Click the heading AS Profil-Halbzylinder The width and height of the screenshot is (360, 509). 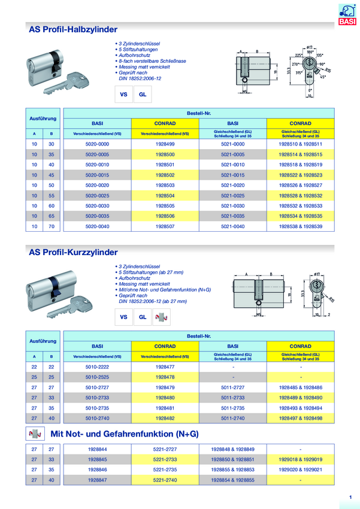pos(73,29)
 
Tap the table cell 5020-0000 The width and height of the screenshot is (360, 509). pos(98,144)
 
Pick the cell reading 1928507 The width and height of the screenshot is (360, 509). pos(164,226)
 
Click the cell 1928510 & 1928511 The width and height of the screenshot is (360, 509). pos(300,144)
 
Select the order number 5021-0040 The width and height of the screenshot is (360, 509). pos(232,226)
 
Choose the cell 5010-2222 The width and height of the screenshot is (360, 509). pos(98,366)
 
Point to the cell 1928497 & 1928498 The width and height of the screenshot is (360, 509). pos(300,417)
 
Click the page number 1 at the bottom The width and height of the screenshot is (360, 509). pos(350,496)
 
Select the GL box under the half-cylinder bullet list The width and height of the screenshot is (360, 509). pos(142,94)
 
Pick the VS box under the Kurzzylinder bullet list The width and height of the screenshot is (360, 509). pos(124,317)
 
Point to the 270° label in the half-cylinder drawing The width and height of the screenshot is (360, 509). pos(295,63)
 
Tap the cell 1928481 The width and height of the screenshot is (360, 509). pos(164,407)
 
